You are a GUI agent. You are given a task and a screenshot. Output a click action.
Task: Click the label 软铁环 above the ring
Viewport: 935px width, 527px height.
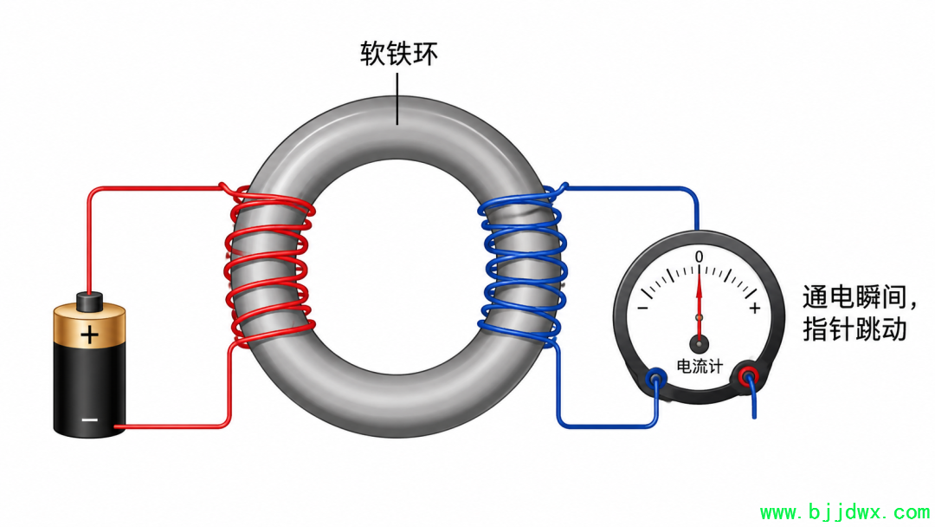pyautogui.click(x=399, y=54)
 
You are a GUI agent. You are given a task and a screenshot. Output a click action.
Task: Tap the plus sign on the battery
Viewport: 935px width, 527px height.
pyautogui.click(x=89, y=335)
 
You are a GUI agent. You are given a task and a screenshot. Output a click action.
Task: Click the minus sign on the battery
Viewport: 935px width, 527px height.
pyautogui.click(x=89, y=420)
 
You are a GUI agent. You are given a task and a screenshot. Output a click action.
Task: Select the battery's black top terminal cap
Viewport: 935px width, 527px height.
pyautogui.click(x=89, y=302)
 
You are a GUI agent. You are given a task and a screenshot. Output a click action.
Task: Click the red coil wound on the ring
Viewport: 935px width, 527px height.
pyautogui.click(x=269, y=265)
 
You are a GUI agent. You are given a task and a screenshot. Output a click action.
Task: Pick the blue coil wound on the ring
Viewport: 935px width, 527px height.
pyautogui.click(x=522, y=265)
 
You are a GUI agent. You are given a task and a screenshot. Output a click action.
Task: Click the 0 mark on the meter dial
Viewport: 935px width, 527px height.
pyautogui.click(x=699, y=257)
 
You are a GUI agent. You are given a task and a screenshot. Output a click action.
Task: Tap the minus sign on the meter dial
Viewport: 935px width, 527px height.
pyautogui.click(x=642, y=308)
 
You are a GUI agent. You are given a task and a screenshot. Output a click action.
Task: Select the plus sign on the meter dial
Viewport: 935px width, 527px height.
pyautogui.click(x=755, y=308)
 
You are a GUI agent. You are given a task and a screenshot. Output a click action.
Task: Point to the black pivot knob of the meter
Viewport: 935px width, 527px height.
pyautogui.click(x=699, y=344)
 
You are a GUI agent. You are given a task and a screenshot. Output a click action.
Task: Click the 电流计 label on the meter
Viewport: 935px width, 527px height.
pyautogui.click(x=699, y=366)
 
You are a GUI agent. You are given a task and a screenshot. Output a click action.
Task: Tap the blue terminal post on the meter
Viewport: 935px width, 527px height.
pyautogui.click(x=656, y=379)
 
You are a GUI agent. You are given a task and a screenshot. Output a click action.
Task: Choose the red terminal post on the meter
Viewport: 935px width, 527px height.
pyautogui.click(x=748, y=376)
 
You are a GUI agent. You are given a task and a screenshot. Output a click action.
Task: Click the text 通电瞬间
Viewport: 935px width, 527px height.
pyautogui.click(x=854, y=297)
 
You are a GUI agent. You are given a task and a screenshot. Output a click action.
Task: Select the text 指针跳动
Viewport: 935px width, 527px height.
pyautogui.click(x=854, y=329)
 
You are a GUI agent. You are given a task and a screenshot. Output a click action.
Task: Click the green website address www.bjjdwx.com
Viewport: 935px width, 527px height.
pyautogui.click(x=844, y=512)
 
